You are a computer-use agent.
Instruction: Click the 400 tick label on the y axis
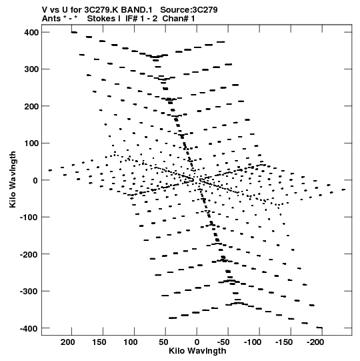[31, 33]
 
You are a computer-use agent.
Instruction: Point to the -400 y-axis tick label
[29, 328]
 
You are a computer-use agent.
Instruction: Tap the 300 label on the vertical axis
[31, 69]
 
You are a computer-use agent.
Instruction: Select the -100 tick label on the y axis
[29, 218]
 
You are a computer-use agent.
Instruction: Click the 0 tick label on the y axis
[35, 180]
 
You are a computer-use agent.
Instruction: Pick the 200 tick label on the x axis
[67, 342]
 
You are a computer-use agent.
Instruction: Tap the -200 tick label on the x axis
[315, 342]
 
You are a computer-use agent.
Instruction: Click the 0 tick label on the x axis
[197, 342]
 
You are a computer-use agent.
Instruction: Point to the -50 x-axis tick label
[223, 342]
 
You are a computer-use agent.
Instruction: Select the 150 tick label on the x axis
[99, 342]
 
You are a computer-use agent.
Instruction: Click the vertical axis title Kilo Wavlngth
[13, 179]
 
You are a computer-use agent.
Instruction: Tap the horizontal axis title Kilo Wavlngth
[197, 351]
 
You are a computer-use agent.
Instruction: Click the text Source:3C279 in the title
[189, 10]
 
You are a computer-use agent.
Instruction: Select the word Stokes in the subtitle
[104, 19]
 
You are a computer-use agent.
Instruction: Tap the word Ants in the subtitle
[51, 19]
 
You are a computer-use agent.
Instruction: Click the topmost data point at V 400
[74, 33]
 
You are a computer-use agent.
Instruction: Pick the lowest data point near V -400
[319, 328]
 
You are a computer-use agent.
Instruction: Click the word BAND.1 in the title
[137, 10]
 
